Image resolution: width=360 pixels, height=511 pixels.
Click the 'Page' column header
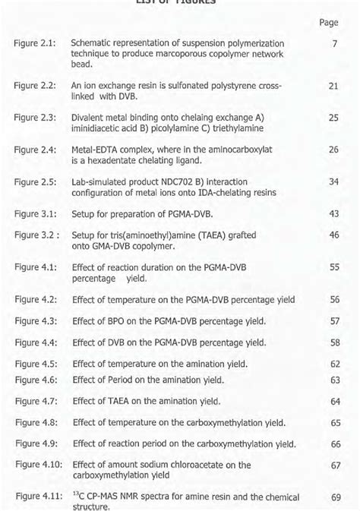(328, 24)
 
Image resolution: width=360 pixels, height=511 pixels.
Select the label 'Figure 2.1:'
(35, 45)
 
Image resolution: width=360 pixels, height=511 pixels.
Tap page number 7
(334, 45)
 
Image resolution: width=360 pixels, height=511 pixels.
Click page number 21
(333, 87)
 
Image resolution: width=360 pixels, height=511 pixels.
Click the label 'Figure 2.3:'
(35, 118)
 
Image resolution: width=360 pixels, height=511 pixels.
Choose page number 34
(333, 182)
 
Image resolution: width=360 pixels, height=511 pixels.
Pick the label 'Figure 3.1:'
(35, 215)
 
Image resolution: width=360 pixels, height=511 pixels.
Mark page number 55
(334, 268)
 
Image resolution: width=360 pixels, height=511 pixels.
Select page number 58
(334, 342)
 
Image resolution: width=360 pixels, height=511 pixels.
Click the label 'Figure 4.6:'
(36, 380)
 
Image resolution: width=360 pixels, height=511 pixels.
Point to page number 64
(335, 401)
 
